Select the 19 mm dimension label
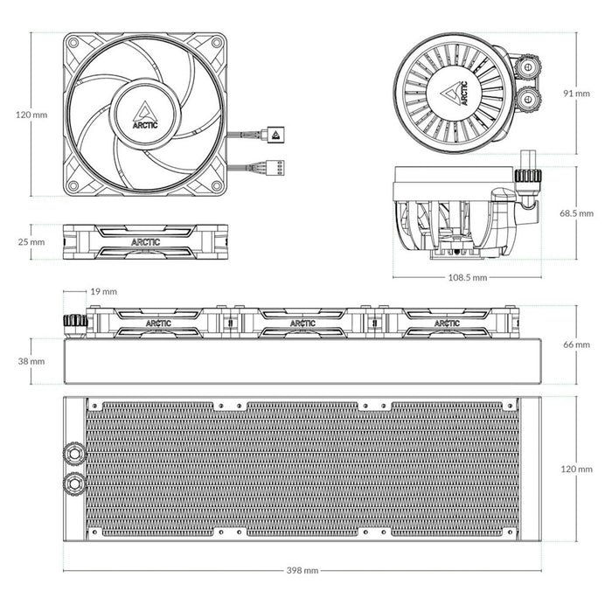pos(103,290)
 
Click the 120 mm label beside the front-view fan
pos(32,115)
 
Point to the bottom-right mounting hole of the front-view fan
pos(215,184)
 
